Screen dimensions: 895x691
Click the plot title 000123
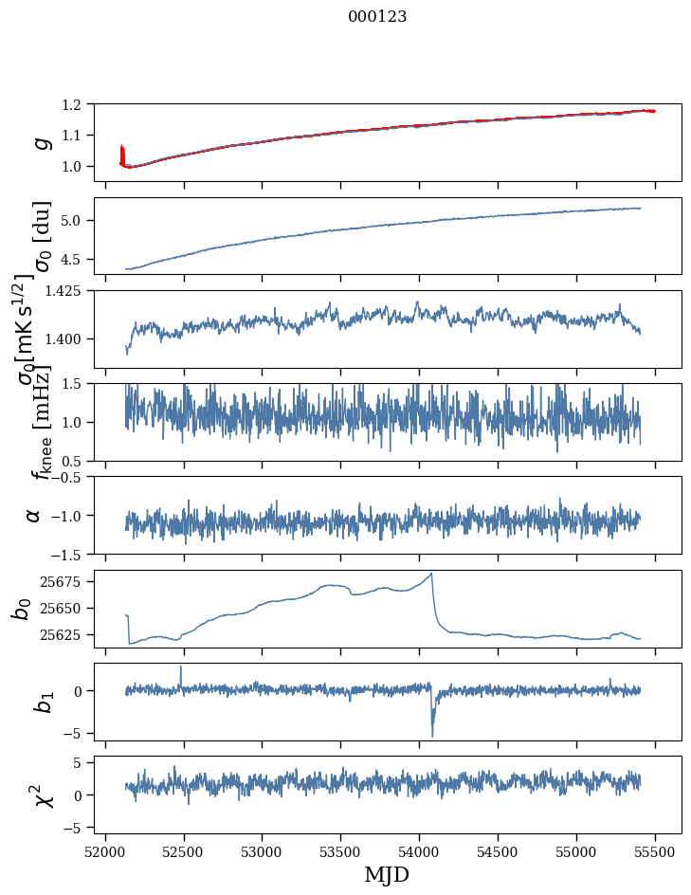(x=377, y=16)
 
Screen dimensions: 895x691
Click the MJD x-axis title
(x=387, y=874)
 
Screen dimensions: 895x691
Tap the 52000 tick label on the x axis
(x=105, y=851)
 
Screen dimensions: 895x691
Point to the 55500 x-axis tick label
(x=656, y=851)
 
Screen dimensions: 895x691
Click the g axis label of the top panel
(x=41, y=142)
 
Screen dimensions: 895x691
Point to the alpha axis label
(x=34, y=515)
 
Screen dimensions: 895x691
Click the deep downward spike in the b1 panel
(x=432, y=735)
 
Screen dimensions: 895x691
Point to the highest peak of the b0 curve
(x=431, y=574)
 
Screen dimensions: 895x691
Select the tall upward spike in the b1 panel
(x=181, y=667)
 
